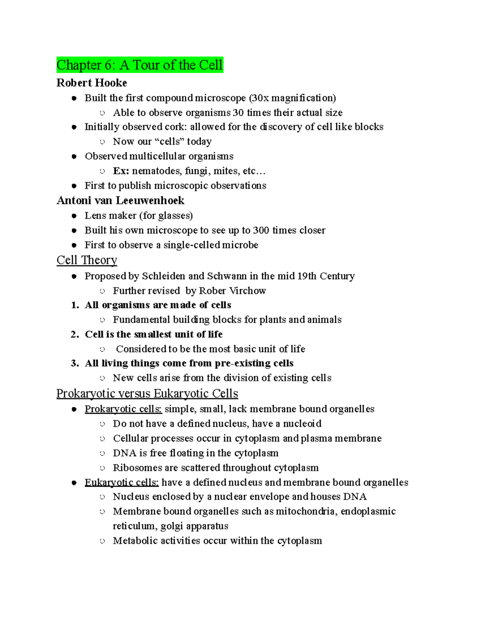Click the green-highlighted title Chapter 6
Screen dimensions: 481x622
(139, 65)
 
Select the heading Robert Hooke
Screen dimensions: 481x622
(92, 83)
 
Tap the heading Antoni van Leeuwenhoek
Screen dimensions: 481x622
(120, 200)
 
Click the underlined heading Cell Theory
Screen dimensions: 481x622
(87, 260)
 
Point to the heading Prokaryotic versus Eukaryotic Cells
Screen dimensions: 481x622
(147, 393)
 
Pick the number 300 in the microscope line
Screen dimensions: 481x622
(261, 230)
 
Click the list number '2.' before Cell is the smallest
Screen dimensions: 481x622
(75, 334)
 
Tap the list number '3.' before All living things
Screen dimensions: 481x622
(75, 363)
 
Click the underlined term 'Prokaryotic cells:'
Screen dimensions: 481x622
(123, 409)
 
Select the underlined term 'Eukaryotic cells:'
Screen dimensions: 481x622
(121, 482)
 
